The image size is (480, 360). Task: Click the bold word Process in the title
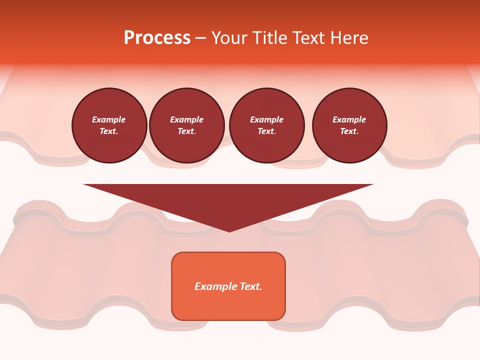tap(157, 38)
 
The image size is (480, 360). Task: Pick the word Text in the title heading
tap(308, 38)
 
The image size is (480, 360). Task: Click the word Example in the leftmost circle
tap(109, 119)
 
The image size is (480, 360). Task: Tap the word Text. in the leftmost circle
tap(109, 131)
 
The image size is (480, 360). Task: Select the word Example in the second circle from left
tap(186, 119)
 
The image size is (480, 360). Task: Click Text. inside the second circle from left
tap(186, 131)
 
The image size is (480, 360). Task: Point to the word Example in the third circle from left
tap(266, 119)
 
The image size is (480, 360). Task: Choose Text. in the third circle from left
tap(266, 131)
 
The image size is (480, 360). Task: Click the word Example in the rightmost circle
tap(349, 119)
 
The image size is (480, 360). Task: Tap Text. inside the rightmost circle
tap(349, 131)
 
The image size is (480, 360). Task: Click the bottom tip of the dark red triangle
tap(229, 231)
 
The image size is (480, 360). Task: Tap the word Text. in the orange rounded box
tap(251, 286)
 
